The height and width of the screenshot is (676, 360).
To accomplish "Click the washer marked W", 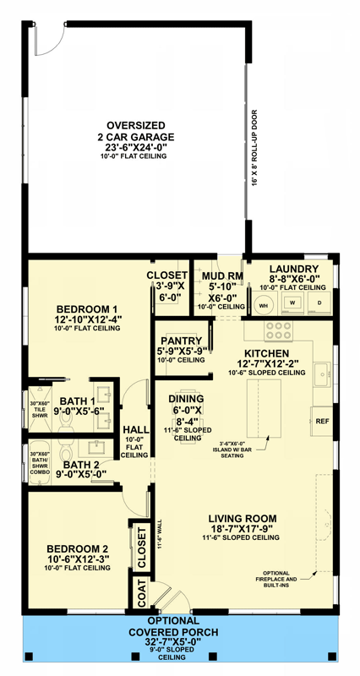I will click(x=292, y=301).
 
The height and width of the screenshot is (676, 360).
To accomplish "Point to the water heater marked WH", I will click(x=263, y=304).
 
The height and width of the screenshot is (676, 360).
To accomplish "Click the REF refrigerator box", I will click(x=321, y=420).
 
